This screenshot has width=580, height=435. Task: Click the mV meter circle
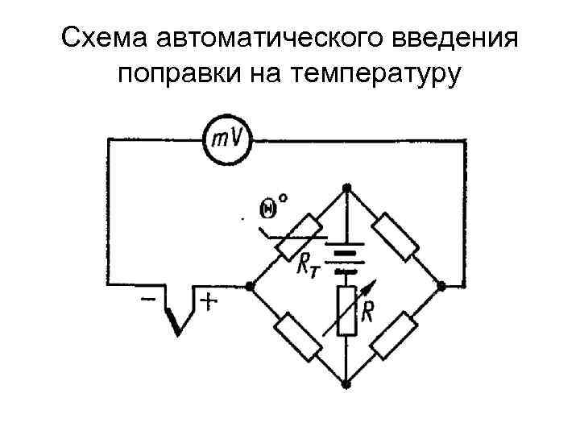tap(226, 139)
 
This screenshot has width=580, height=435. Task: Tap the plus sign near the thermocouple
tap(208, 302)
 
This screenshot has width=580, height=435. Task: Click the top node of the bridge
tap(346, 188)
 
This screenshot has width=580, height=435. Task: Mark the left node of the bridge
tap(251, 285)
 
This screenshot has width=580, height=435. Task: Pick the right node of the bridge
tap(442, 285)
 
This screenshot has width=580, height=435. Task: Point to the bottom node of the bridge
tap(346, 381)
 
